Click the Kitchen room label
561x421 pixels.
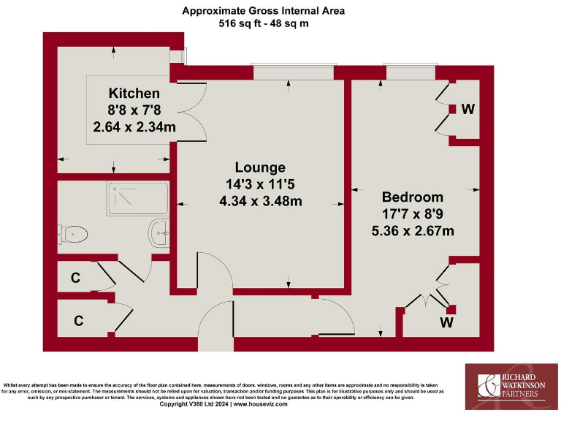tap(134, 94)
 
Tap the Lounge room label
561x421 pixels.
tap(260, 167)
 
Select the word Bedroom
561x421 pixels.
tap(413, 197)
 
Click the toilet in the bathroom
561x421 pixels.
tap(75, 234)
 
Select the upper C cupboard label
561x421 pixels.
tap(75, 278)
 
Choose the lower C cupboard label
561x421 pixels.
tap(77, 319)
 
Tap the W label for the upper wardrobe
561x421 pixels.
tap(468, 110)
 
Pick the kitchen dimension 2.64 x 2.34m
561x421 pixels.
tap(134, 126)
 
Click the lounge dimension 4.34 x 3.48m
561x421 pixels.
tap(260, 201)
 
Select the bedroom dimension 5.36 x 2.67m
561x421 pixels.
tap(413, 231)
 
